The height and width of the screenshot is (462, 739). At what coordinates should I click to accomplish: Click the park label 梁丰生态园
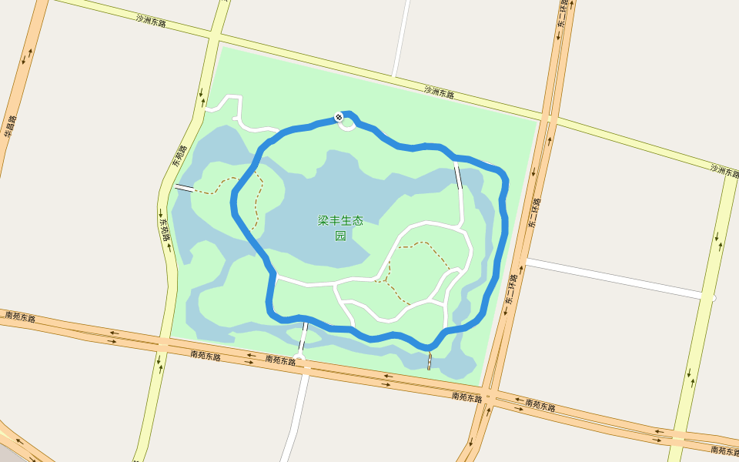click(339, 228)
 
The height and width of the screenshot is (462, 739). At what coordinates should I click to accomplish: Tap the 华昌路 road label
click(10, 126)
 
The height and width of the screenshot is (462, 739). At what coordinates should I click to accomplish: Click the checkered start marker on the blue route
click(339, 117)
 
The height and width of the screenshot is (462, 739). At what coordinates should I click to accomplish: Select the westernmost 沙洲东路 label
click(151, 21)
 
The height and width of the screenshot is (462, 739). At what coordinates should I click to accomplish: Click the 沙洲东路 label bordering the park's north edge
click(439, 92)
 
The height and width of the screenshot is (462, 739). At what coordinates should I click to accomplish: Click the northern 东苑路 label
click(179, 157)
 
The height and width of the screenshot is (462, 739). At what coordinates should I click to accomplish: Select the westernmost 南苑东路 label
click(20, 316)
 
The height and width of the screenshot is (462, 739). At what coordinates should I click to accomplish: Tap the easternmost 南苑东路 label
click(724, 450)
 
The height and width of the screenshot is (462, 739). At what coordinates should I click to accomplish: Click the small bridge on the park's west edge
click(184, 187)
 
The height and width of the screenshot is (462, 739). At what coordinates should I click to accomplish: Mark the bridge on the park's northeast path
click(459, 176)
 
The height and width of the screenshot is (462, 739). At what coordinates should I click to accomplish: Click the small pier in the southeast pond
click(429, 360)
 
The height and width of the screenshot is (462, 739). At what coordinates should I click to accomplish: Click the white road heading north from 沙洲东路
click(400, 38)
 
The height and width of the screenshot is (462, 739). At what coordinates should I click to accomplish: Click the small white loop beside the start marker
click(346, 126)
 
